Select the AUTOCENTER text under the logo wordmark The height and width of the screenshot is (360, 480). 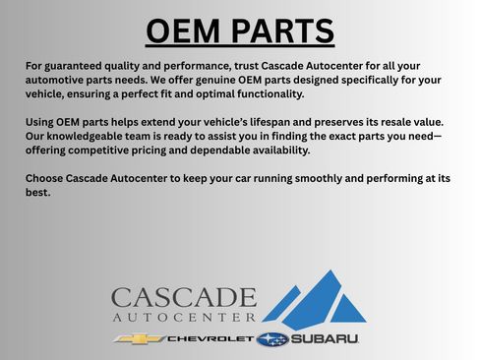tap(183, 319)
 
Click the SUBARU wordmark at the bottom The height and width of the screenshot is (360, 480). tap(325, 339)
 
